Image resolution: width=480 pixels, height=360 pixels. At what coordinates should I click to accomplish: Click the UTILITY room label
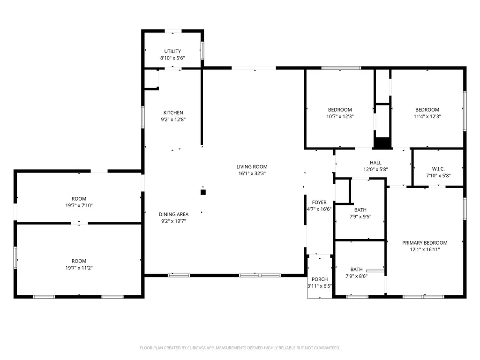click(172, 51)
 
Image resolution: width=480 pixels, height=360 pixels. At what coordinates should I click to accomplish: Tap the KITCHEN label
click(173, 112)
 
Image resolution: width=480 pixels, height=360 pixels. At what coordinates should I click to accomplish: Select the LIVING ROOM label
click(252, 166)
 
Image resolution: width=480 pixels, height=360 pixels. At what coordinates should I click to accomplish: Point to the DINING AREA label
click(173, 214)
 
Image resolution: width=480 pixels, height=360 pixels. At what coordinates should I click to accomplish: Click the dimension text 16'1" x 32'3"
click(252, 173)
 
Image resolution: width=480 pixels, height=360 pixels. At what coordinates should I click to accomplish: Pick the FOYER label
click(319, 202)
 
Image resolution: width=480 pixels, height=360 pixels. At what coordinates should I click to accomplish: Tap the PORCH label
click(320, 279)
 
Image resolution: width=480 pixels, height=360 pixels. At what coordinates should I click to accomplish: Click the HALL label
click(375, 163)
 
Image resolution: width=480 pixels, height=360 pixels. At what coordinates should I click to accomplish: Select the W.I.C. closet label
click(438, 169)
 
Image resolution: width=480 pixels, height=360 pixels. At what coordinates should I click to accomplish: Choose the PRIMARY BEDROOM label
click(425, 243)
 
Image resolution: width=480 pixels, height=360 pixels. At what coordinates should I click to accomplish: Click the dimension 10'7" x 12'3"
click(340, 116)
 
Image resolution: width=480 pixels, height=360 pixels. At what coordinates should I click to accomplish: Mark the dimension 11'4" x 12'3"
click(427, 116)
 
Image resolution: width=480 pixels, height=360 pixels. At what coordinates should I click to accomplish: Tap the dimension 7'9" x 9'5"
click(360, 217)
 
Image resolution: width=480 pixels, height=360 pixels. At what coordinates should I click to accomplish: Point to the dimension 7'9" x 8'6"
click(357, 276)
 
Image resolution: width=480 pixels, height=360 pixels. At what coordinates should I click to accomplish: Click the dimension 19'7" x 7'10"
click(79, 205)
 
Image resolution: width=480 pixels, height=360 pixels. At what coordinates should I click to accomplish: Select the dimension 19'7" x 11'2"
click(79, 268)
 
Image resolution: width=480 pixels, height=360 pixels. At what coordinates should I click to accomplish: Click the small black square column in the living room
click(203, 192)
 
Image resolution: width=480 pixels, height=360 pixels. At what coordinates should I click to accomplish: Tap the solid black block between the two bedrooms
click(382, 143)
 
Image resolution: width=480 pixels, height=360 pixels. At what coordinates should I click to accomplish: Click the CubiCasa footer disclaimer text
click(240, 348)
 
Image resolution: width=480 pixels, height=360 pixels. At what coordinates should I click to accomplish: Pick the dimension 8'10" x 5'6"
click(172, 58)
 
